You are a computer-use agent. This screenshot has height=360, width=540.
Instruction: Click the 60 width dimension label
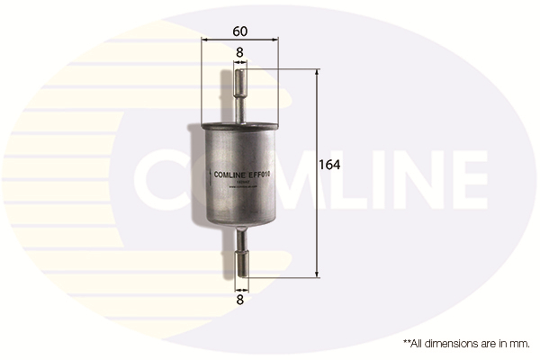[x=239, y=31]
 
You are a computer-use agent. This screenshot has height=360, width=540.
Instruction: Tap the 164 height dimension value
[x=329, y=165]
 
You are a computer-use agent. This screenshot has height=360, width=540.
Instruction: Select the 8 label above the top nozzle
[x=239, y=53]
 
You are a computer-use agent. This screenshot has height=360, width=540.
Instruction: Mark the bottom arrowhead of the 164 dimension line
[x=317, y=274]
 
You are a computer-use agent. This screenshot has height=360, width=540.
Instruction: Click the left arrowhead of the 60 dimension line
[x=204, y=41]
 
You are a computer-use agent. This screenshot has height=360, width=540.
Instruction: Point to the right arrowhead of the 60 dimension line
[x=275, y=41]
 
